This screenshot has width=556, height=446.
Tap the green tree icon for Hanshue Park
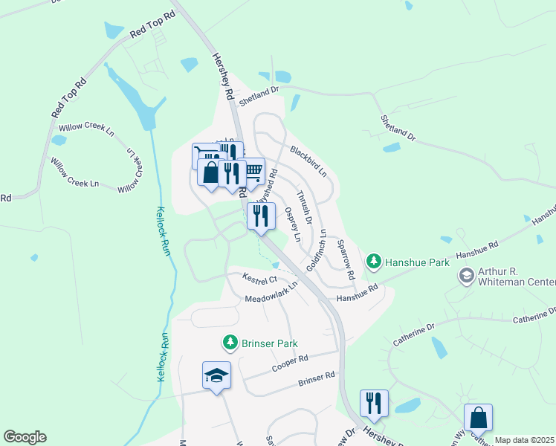(x=373, y=262)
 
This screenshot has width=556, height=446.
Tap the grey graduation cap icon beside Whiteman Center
(x=466, y=277)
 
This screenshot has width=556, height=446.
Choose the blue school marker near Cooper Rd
(x=216, y=375)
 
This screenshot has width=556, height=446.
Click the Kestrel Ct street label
(x=259, y=279)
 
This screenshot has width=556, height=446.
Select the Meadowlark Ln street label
(x=271, y=293)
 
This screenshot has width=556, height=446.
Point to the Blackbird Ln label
(x=308, y=161)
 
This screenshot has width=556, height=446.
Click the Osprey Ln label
(x=292, y=224)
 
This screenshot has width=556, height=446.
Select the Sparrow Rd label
(x=346, y=259)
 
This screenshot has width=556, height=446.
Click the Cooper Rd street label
(x=290, y=363)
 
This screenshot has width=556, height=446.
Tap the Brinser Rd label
(x=316, y=379)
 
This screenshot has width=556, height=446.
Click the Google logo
(x=25, y=437)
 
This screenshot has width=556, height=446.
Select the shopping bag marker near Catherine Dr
(x=478, y=418)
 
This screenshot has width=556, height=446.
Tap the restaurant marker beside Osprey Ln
(x=261, y=216)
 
